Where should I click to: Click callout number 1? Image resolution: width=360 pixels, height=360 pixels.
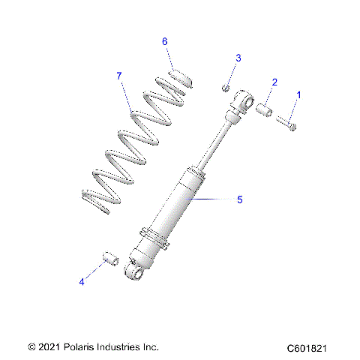pos(300,95)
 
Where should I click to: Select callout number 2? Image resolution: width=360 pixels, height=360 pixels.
pos(274,82)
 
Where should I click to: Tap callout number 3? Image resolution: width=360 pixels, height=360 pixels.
pos(238,58)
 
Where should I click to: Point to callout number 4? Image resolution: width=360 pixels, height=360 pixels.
pos(81,282)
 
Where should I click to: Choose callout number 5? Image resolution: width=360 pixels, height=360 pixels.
pos(240,199)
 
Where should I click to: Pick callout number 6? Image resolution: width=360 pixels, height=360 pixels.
pos(164,41)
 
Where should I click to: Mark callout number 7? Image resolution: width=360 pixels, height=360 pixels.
pos(118,76)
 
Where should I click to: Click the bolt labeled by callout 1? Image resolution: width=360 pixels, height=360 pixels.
pos(286,122)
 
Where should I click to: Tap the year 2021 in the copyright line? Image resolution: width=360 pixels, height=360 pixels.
pos(49,346)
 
